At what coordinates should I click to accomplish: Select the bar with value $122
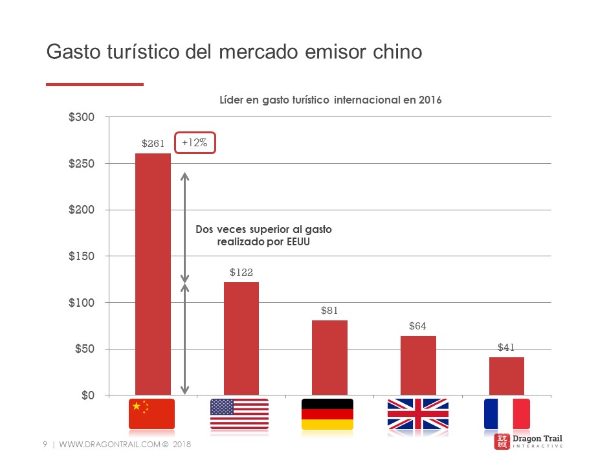pos(241,338)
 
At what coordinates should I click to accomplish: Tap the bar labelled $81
pos(329,357)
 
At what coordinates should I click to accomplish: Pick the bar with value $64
pos(418,365)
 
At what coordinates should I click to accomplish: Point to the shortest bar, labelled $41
pos(506,376)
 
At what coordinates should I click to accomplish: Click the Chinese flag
pos(152,414)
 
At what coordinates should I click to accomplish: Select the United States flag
pos(239,414)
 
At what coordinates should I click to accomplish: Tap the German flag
pos(327,414)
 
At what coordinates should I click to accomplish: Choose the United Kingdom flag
pos(417,414)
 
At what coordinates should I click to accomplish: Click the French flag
pos(507,414)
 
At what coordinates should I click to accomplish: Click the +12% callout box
pos(195,143)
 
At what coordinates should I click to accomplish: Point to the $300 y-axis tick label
pos(82,117)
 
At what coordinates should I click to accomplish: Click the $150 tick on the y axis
pos(82,256)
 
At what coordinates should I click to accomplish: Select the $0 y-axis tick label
pos(87,395)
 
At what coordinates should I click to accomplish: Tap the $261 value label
pos(153,144)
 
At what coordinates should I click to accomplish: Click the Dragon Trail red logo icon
pos(502,441)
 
